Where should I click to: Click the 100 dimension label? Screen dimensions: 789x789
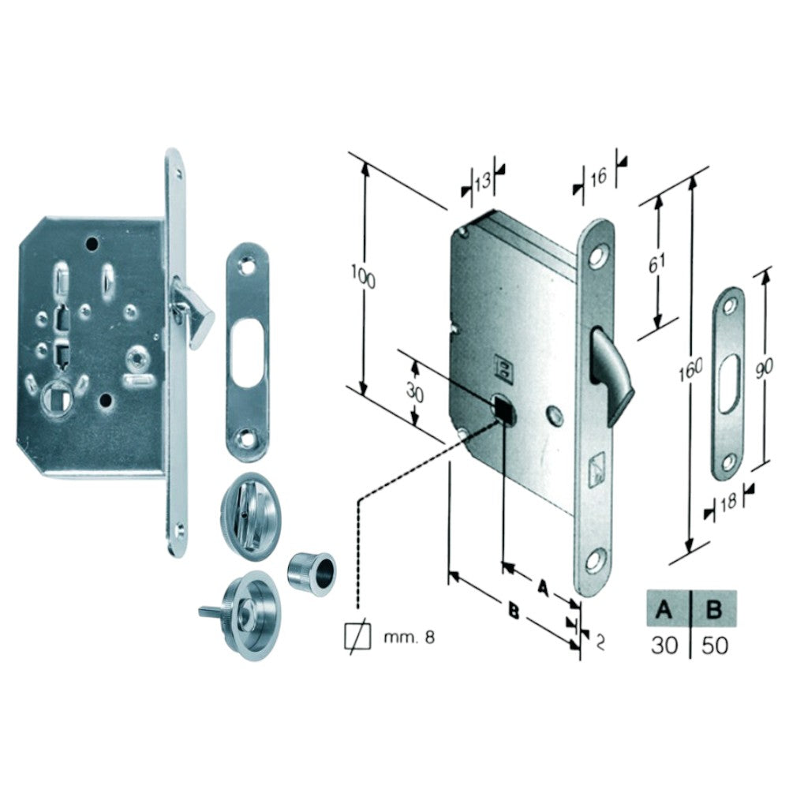pyautogui.click(x=363, y=277)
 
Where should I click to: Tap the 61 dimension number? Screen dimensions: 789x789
pyautogui.click(x=656, y=264)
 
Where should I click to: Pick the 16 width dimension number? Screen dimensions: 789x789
pyautogui.click(x=598, y=177)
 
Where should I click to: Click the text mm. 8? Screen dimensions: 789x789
pyautogui.click(x=409, y=638)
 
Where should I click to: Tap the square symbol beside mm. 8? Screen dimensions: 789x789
pyautogui.click(x=357, y=638)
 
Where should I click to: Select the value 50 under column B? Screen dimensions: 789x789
pyautogui.click(x=715, y=645)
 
